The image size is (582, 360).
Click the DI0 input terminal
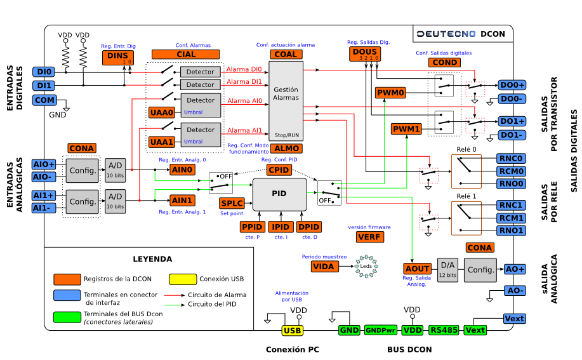[x=44, y=72]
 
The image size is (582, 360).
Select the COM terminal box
[x=44, y=100]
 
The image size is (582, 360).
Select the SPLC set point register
[x=232, y=204]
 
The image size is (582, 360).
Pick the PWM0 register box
[x=390, y=93]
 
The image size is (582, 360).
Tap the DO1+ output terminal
[x=512, y=121]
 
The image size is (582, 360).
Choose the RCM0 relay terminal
[x=511, y=171]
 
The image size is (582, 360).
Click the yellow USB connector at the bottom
[x=293, y=330]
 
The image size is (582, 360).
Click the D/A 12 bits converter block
[x=447, y=269]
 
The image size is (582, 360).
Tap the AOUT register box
[x=417, y=269]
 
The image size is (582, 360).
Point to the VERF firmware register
[x=369, y=237]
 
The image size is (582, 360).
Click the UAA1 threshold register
[x=161, y=142]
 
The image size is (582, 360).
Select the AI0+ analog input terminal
[x=44, y=164]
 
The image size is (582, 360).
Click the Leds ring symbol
[x=366, y=266]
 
